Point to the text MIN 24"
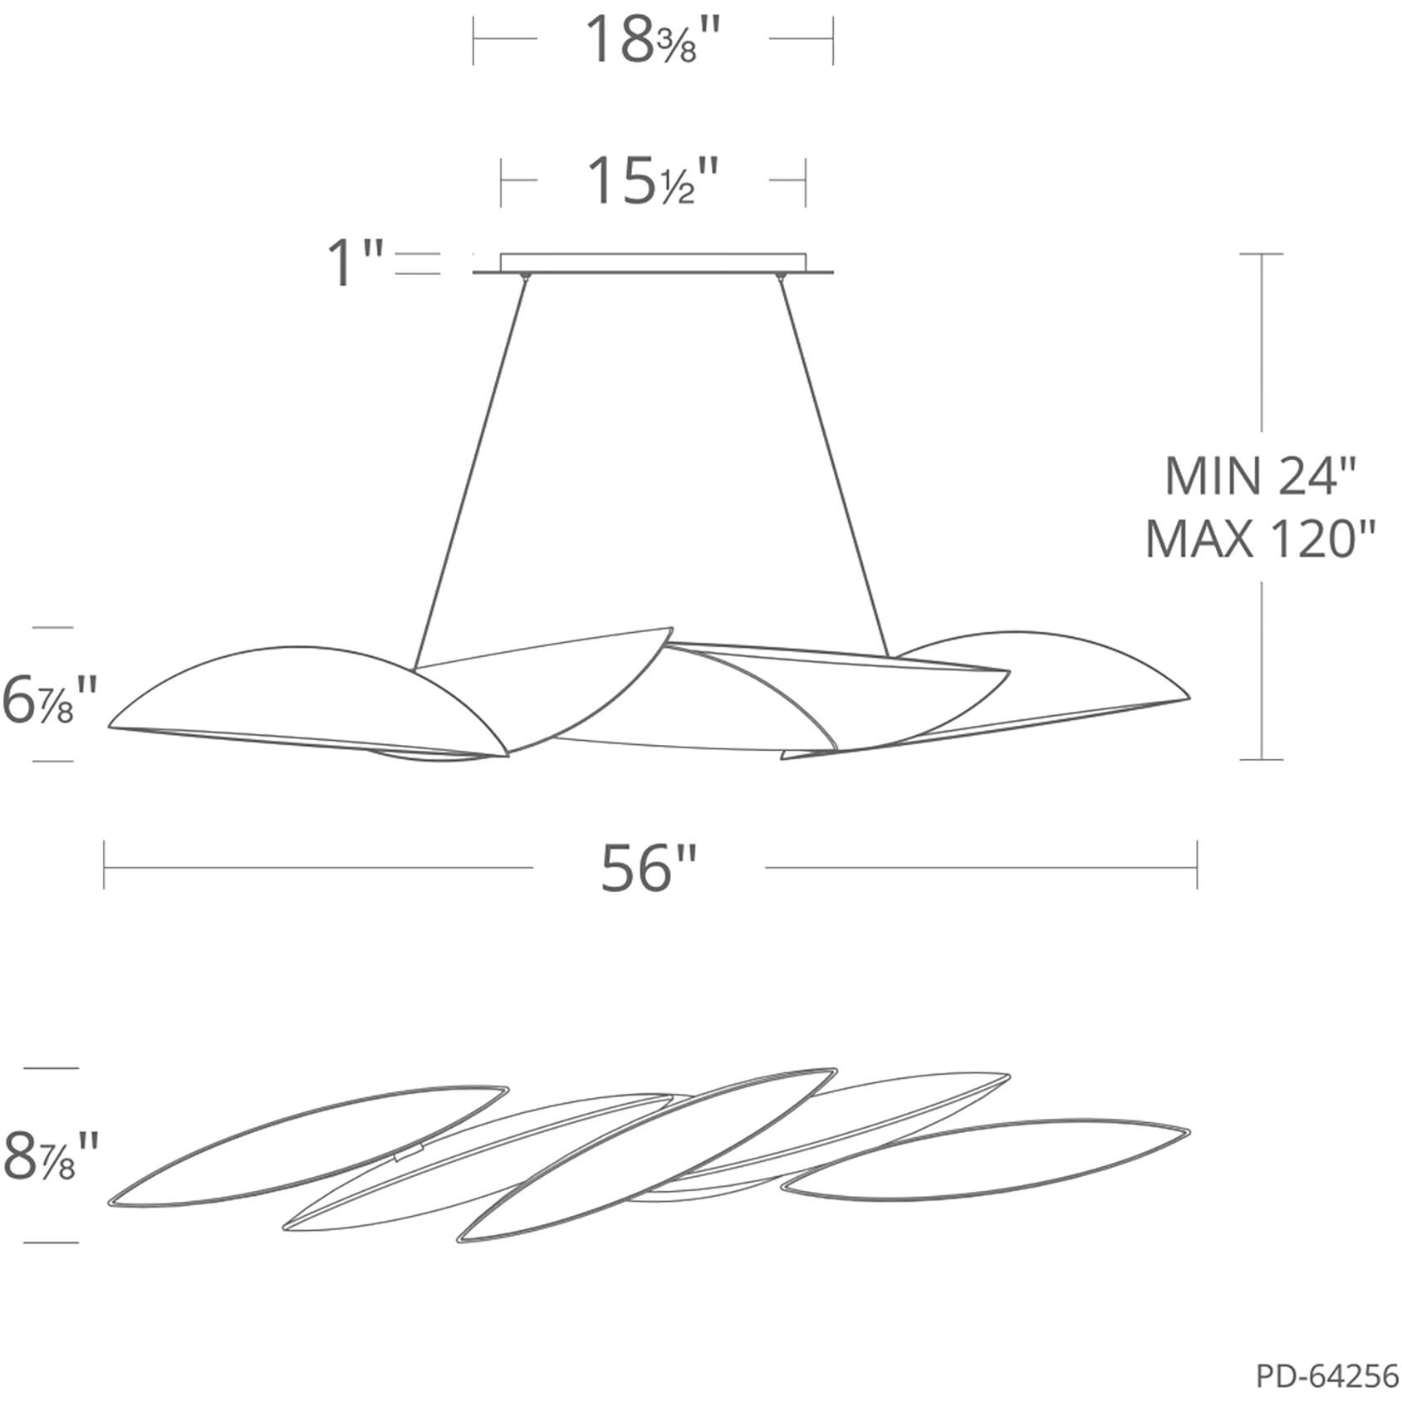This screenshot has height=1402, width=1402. [1261, 477]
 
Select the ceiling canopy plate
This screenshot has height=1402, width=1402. [653, 262]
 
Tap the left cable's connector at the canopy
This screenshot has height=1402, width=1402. [524, 276]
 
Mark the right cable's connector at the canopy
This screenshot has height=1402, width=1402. [780, 276]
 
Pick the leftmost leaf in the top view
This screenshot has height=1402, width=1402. [307, 1146]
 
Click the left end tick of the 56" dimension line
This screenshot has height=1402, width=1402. [105, 866]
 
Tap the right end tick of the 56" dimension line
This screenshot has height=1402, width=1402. [1197, 866]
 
